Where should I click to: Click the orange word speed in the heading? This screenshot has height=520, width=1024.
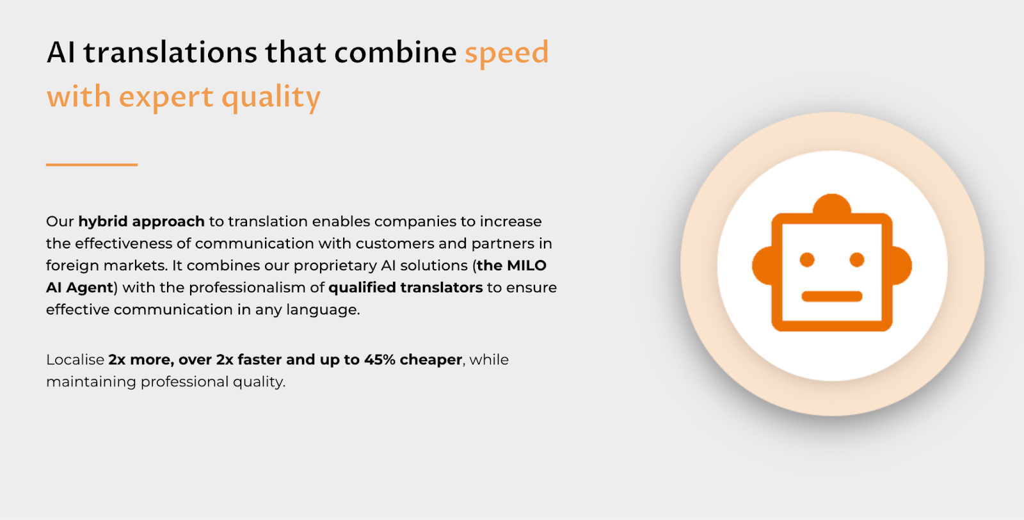[x=506, y=53]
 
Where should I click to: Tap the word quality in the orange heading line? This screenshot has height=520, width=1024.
[x=271, y=97]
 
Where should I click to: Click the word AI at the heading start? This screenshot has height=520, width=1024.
[x=61, y=53]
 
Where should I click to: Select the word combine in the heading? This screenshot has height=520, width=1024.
[x=395, y=53]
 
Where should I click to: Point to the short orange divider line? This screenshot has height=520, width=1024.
[x=92, y=165]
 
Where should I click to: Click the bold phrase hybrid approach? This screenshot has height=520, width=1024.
[x=141, y=222]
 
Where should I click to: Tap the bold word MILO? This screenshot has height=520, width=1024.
[x=526, y=266]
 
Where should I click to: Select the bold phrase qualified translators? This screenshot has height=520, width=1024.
[x=405, y=288]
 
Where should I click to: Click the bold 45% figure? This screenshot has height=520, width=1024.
[x=380, y=360]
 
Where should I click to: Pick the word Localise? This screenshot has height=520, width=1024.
[x=75, y=360]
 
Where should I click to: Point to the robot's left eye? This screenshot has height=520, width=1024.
[x=807, y=259]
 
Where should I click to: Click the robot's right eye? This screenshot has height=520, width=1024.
[x=857, y=259]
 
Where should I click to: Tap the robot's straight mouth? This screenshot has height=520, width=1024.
[x=832, y=296]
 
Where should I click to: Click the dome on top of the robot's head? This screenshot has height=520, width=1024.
[x=832, y=205]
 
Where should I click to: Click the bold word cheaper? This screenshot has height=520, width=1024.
[x=431, y=360]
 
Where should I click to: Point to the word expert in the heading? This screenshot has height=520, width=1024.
[x=166, y=97]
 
